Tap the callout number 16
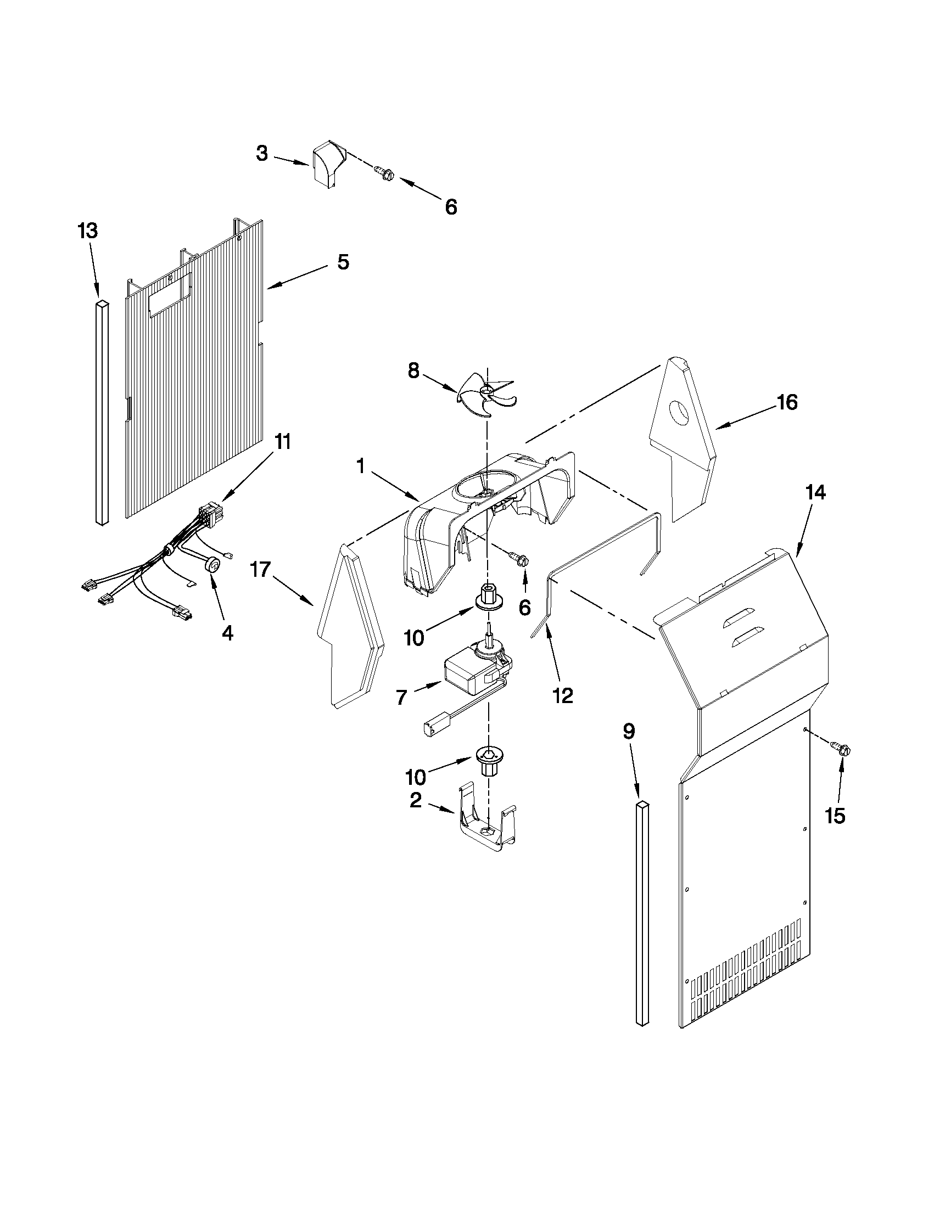pos(787,403)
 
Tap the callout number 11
pos(283,442)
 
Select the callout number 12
pos(562,695)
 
